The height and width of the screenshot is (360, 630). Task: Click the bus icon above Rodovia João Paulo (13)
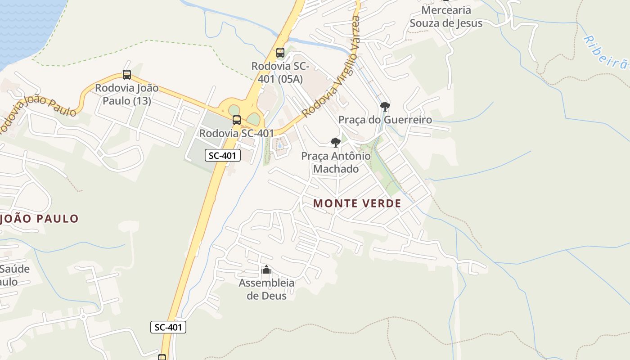pyautogui.click(x=127, y=75)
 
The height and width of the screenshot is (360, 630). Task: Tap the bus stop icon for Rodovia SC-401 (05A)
pyautogui.click(x=280, y=53)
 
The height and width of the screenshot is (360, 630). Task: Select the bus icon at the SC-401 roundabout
pyautogui.click(x=237, y=120)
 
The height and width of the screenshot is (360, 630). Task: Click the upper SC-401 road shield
pyautogui.click(x=223, y=156)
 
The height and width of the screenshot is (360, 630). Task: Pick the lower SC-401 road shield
pyautogui.click(x=168, y=327)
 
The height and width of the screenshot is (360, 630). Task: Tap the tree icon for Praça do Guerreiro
pyautogui.click(x=385, y=107)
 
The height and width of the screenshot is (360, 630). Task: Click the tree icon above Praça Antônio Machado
pyautogui.click(x=335, y=143)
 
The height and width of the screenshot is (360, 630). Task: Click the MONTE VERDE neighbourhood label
pyautogui.click(x=357, y=203)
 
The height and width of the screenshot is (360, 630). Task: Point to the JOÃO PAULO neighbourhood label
pyautogui.click(x=40, y=219)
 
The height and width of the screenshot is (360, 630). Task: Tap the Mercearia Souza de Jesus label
pyautogui.click(x=446, y=17)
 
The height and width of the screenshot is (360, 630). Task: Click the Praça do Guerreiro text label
pyautogui.click(x=385, y=120)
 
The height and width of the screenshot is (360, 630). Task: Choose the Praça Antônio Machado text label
pyautogui.click(x=336, y=162)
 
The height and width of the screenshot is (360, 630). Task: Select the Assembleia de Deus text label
pyautogui.click(x=266, y=289)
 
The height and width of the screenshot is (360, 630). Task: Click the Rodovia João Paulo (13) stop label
pyautogui.click(x=127, y=94)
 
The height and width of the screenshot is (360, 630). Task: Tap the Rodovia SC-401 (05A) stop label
pyautogui.click(x=280, y=72)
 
